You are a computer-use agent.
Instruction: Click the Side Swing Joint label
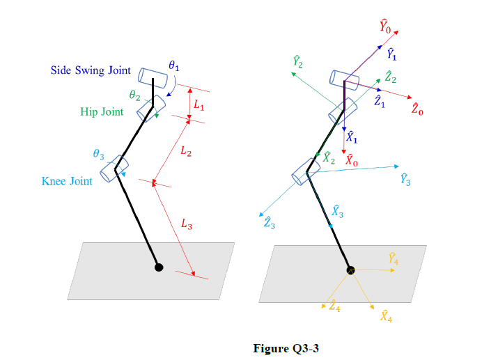click(x=90, y=71)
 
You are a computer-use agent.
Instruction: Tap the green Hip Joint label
click(x=102, y=112)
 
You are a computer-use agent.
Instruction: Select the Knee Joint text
click(x=67, y=182)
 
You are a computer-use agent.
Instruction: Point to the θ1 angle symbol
click(x=174, y=66)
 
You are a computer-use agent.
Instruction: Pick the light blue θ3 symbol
click(x=98, y=154)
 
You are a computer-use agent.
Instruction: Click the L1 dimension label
click(x=199, y=105)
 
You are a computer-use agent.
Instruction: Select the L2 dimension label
click(x=186, y=152)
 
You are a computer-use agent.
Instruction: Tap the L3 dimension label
click(x=187, y=224)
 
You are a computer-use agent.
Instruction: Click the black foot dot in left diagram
click(x=159, y=267)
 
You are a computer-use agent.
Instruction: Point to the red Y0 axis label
click(x=386, y=26)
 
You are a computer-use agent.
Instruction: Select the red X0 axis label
click(x=352, y=159)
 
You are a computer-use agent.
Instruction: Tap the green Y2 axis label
click(x=297, y=62)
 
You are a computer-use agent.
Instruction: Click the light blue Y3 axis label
click(x=406, y=179)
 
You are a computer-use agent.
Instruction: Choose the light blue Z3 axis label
click(x=269, y=223)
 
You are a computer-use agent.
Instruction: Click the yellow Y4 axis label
click(x=393, y=259)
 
